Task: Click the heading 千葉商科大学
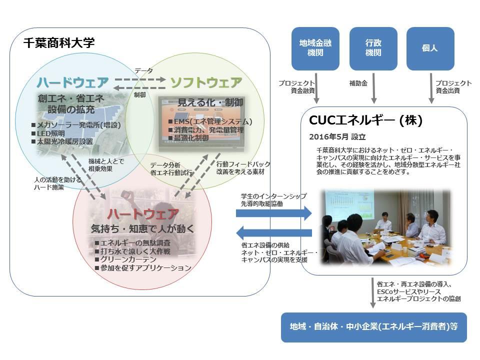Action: coord(58,43)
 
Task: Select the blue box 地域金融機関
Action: coord(315,48)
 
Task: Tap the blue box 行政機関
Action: coord(373,48)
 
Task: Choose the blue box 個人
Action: coord(430,48)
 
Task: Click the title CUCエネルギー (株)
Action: coord(366,120)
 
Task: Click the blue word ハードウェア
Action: coord(72,82)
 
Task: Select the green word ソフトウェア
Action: coord(206,82)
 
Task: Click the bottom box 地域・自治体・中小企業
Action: coord(373,327)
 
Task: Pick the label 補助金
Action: coord(358,83)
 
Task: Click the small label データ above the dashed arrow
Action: coord(143,70)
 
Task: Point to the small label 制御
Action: coord(140,94)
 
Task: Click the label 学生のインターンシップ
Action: coord(273,196)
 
